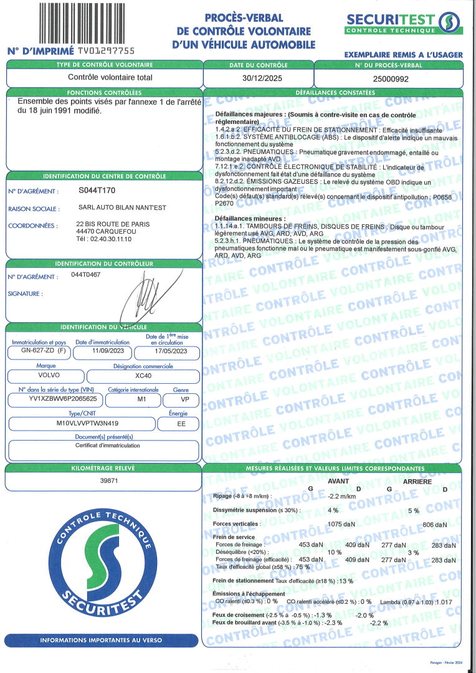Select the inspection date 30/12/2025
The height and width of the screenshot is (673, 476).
coord(258,78)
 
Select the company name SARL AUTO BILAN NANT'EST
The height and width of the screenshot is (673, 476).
coord(122,208)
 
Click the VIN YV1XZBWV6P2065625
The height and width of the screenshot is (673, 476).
coord(54,399)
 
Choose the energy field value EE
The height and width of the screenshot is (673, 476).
coord(178,424)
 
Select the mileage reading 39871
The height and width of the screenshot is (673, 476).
coord(103,480)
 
